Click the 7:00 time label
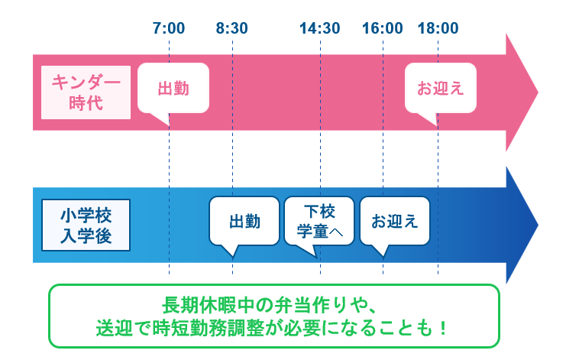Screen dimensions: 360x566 (169, 29)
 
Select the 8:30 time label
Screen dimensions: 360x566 (232, 29)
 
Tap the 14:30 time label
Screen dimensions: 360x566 (320, 29)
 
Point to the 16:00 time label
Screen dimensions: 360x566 (383, 29)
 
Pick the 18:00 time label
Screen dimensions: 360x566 (438, 29)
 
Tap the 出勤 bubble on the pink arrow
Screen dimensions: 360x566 (173, 89)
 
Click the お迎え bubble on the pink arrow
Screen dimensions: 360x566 (440, 89)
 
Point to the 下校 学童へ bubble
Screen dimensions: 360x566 (319, 220)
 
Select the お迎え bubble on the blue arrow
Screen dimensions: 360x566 (394, 222)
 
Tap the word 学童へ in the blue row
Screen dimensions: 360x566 (319, 231)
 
